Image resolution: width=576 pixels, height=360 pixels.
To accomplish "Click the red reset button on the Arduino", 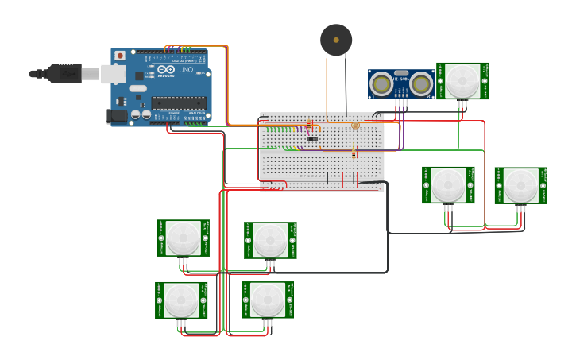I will [x=120, y=56].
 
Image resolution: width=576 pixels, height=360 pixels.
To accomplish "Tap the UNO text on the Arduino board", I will [x=184, y=70].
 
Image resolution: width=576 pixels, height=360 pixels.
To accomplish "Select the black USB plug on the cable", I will [x=64, y=73].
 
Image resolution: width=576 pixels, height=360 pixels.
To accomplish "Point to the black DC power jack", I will [x=118, y=115].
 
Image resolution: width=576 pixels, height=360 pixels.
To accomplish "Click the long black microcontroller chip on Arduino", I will [x=179, y=102].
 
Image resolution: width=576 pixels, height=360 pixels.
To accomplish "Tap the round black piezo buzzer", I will [x=336, y=40].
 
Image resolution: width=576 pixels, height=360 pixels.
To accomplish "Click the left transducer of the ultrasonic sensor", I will [x=382, y=83].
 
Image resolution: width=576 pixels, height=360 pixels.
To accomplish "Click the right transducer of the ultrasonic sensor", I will [x=421, y=83].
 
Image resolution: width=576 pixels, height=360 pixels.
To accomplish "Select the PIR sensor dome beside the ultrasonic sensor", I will [x=462, y=80].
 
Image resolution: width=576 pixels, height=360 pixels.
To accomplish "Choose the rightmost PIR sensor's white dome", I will [x=520, y=185].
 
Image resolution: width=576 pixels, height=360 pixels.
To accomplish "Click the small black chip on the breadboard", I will [x=312, y=139].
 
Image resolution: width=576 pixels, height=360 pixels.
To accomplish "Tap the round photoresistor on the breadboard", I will [x=355, y=126].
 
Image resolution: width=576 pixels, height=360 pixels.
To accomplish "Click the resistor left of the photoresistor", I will [x=309, y=124].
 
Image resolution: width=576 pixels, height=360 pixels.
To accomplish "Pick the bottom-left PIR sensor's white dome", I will [x=181, y=300].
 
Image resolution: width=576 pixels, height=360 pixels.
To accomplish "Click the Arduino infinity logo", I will [x=165, y=70].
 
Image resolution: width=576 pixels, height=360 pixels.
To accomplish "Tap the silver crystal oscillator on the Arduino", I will [x=138, y=87].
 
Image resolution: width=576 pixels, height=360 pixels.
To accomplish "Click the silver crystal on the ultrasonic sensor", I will [x=401, y=73].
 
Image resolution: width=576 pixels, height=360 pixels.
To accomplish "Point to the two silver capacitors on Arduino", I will [x=141, y=115].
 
